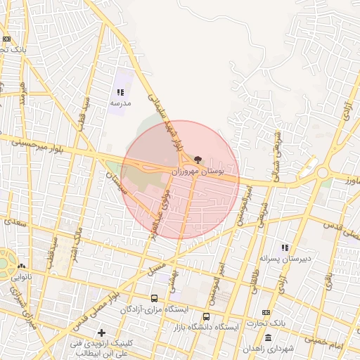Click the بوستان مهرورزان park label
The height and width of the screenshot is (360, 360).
click(199, 171)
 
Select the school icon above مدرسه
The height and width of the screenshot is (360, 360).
click(120, 92)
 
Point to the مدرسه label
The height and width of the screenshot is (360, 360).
click(120, 103)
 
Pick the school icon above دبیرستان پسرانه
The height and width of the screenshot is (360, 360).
click(285, 247)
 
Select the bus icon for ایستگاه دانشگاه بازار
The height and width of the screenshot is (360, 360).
click(206, 316)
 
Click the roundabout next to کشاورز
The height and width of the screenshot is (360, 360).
click(323, 172)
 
